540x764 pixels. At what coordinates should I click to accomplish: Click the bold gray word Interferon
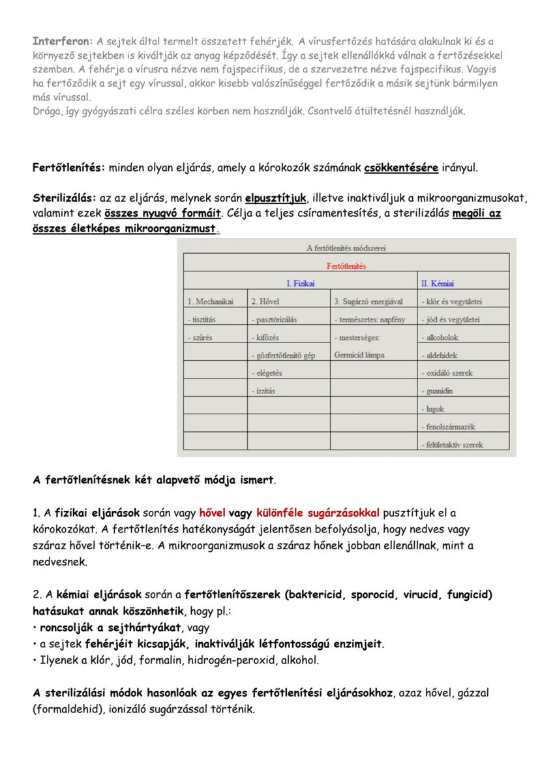(x=60, y=41)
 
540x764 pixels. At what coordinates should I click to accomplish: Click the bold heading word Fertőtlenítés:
(x=68, y=168)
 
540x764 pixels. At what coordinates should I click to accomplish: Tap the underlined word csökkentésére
(x=401, y=168)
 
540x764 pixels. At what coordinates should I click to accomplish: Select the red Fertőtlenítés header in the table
(x=346, y=266)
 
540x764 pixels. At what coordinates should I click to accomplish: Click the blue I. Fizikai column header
(x=301, y=283)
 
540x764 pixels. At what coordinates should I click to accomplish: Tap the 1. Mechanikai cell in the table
(x=210, y=301)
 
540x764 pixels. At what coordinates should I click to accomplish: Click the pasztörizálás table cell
(x=274, y=320)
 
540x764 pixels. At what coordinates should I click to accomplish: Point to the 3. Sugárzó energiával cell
(x=368, y=301)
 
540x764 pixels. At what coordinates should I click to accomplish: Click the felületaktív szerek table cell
(x=456, y=444)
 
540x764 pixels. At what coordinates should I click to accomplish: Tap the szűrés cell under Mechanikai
(x=200, y=337)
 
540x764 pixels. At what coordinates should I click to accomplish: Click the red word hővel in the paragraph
(x=212, y=513)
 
